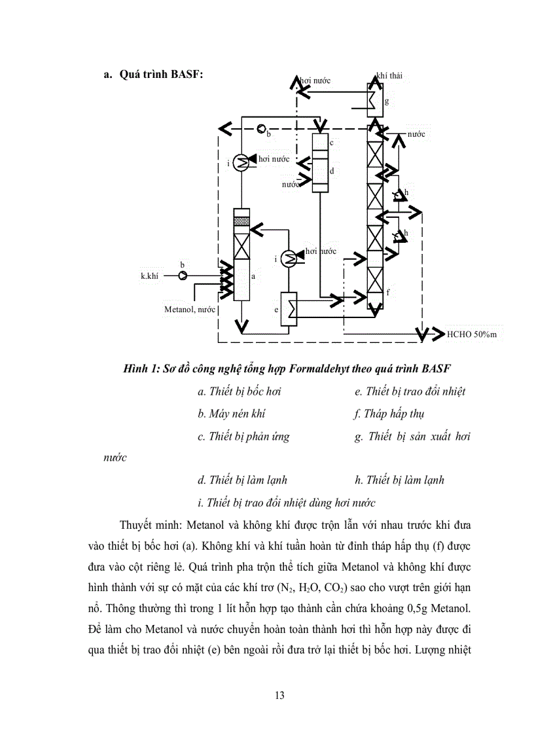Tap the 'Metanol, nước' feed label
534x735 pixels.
point(190,308)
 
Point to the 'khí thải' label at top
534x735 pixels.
point(389,76)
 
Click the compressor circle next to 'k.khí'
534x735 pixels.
point(183,276)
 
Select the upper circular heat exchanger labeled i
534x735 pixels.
point(240,162)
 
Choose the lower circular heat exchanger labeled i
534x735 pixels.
point(289,259)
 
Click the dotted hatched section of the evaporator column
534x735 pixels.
point(241,221)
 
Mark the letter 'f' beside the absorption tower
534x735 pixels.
point(387,293)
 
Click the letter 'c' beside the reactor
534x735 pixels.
point(332,142)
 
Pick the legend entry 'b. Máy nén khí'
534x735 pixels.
point(232,414)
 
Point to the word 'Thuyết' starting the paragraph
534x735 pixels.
point(139,526)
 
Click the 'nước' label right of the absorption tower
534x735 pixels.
point(416,134)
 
